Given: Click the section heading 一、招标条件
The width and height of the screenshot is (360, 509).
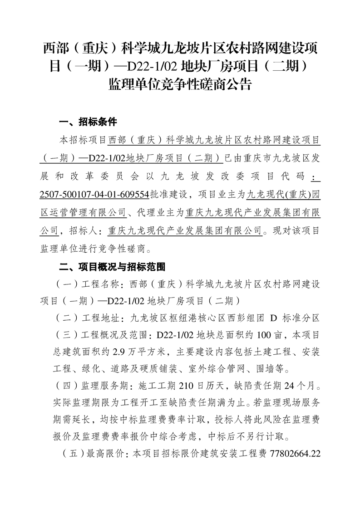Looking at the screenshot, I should click(89, 122).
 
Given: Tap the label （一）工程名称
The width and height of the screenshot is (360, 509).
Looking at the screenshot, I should click(88, 284).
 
